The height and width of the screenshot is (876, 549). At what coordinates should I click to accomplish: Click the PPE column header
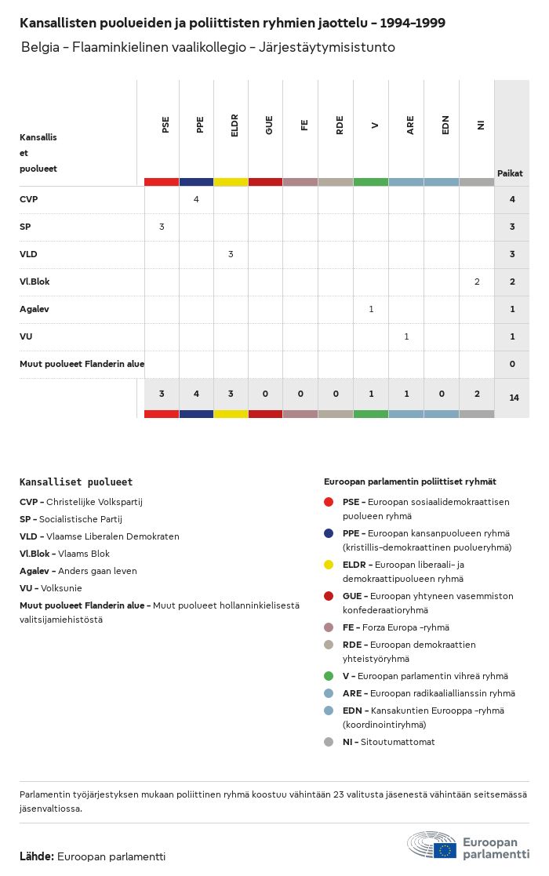[x=200, y=125]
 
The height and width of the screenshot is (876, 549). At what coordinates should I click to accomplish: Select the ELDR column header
[x=235, y=125]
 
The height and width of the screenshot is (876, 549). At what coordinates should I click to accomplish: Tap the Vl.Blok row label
[x=35, y=282]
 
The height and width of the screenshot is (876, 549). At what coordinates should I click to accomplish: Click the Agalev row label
[x=35, y=309]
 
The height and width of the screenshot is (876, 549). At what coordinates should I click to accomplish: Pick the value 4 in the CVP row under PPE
[x=196, y=199]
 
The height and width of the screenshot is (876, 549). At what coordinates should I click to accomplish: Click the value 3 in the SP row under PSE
[x=162, y=227]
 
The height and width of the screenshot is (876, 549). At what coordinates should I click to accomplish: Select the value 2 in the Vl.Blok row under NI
[x=477, y=282]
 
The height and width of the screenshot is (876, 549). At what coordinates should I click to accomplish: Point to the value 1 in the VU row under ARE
[x=406, y=336]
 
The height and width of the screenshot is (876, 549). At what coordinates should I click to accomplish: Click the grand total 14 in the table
[x=514, y=398]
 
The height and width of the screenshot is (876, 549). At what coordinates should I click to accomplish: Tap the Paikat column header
[x=510, y=173]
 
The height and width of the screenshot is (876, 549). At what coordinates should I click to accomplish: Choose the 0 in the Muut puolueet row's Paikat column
[x=512, y=364]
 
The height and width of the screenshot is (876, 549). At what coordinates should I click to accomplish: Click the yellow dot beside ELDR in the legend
[x=329, y=565]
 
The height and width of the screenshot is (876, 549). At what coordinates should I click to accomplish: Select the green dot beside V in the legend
[x=329, y=676]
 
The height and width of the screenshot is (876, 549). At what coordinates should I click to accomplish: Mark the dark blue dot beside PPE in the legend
[x=329, y=533]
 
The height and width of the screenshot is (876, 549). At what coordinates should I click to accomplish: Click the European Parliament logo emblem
[x=432, y=845]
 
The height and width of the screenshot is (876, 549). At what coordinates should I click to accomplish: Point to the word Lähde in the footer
[x=36, y=856]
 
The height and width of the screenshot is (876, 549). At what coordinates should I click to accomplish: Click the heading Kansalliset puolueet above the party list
[x=76, y=482]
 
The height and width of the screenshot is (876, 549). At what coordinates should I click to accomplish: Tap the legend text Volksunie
[x=60, y=588]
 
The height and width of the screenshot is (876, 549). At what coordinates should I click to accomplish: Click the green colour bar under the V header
[x=371, y=182]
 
